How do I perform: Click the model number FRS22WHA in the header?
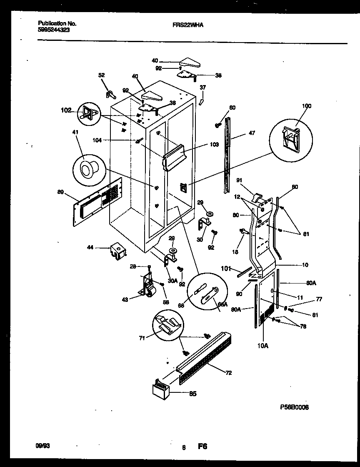pos(188,25)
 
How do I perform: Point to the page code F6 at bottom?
pos(202,447)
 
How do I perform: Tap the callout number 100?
pos(306,106)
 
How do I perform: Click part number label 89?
pos(60,192)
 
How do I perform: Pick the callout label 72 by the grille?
pos(228,373)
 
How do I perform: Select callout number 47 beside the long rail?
pos(251,133)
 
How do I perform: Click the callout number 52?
pos(102,75)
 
